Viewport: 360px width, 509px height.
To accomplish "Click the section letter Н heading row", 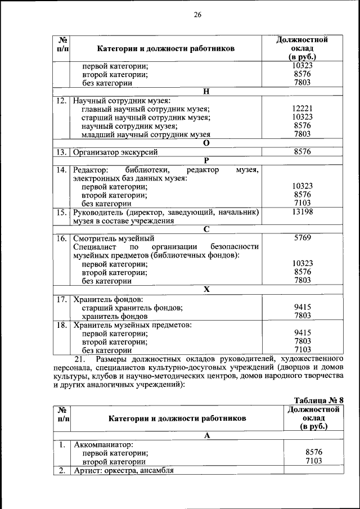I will click(206, 91).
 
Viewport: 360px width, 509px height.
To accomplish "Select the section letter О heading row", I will click(206, 143).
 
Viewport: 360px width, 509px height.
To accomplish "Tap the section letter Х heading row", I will click(206, 289).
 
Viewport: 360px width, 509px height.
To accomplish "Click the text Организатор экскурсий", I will click(115, 152).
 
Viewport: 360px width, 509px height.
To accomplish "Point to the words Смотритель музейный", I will click(114, 238).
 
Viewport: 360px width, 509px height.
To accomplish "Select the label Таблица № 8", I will click(318, 399).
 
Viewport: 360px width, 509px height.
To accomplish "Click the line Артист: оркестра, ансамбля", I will click(124, 470).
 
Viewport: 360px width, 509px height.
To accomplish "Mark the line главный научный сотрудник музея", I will click(146, 109).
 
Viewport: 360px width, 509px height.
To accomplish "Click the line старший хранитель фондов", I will click(132, 307).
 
